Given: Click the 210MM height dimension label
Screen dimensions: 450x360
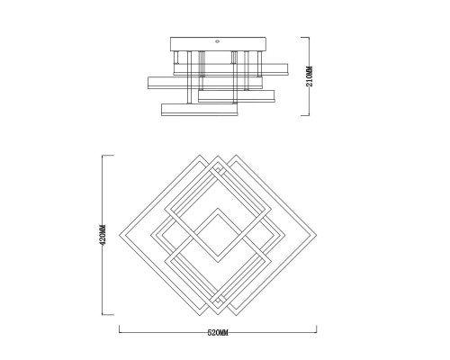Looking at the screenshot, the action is click(310, 76).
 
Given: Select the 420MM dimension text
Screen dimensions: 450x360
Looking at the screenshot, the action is click(103, 235).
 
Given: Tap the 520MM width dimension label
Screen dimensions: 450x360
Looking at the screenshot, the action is click(218, 333).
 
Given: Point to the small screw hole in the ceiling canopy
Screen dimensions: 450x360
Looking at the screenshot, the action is click(218, 41).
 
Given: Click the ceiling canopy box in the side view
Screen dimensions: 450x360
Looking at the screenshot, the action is click(218, 44).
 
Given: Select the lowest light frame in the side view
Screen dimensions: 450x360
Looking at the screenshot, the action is click(200, 110).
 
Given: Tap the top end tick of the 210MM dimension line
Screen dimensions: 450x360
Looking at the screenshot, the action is click(305, 37).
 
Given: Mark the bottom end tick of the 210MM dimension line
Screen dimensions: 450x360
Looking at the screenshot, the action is click(305, 115).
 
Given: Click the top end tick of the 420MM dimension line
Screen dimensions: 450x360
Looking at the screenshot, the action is click(108, 156).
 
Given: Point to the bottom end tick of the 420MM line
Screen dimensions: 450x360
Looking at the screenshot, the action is click(108, 315).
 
